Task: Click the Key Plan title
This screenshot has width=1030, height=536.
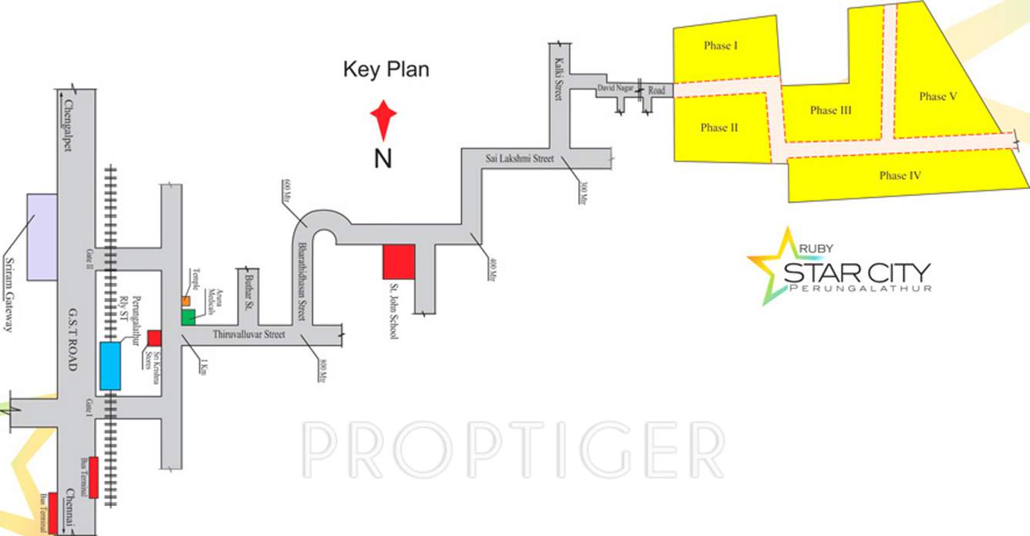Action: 385,70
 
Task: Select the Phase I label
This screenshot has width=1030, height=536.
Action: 721,46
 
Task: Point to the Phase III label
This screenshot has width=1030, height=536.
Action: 830,110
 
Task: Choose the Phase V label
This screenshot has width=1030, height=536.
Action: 937,96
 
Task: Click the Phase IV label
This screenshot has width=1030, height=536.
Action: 900,176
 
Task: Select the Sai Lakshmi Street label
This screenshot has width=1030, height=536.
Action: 520,159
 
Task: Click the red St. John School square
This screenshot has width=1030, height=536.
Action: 399,261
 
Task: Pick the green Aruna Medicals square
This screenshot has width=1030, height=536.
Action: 188,316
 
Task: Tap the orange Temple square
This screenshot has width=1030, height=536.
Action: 186,300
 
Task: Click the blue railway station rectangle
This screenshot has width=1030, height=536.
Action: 110,366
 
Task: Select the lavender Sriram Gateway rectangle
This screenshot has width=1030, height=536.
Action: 42,237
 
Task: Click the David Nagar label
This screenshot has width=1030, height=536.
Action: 615,89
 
